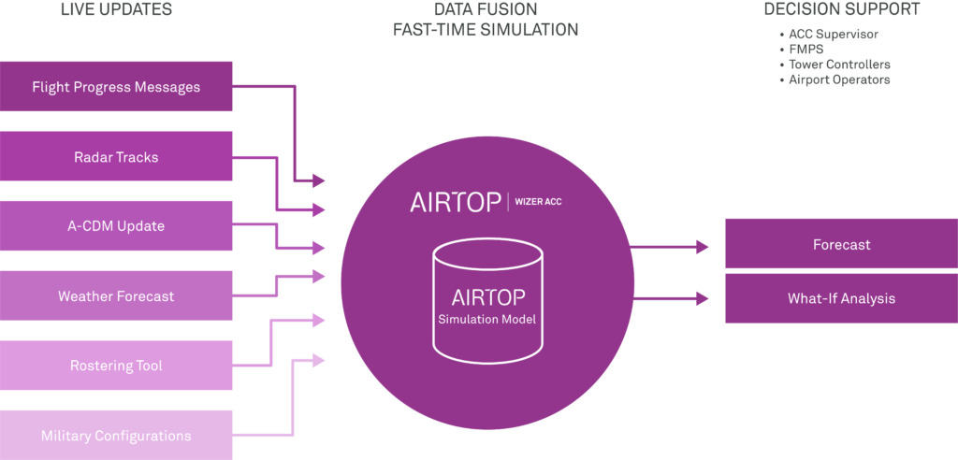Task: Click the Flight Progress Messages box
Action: tap(116, 87)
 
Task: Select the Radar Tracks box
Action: tap(116, 157)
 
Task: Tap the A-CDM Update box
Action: tap(116, 226)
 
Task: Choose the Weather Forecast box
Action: tap(116, 296)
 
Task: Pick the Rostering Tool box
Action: tap(116, 366)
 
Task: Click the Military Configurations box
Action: tap(116, 436)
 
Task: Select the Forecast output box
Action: tap(841, 245)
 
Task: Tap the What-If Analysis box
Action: tap(841, 299)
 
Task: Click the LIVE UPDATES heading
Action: tap(116, 10)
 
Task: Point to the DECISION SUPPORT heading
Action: tap(841, 10)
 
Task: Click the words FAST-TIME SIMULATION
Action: tap(486, 30)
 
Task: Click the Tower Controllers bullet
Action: tap(839, 65)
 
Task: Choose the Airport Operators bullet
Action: tap(839, 79)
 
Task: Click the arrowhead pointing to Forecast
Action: tap(703, 247)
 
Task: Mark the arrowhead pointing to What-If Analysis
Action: tap(703, 299)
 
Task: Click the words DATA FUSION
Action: tap(486, 10)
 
